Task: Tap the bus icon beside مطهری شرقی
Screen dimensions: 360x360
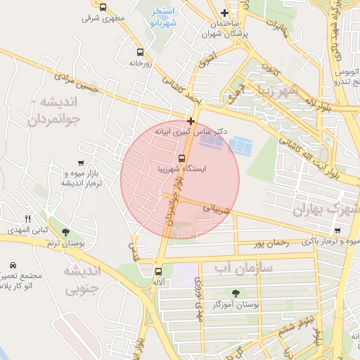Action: point(103,7)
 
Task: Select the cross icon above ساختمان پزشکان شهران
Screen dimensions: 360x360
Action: point(224,13)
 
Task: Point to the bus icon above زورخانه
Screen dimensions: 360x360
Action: point(140,52)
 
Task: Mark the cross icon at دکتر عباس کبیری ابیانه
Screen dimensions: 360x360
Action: point(191,121)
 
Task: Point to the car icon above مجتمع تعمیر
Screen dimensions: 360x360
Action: point(14,265)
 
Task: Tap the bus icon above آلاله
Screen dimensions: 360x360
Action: point(159,270)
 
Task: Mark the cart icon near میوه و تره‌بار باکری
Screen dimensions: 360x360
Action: point(337,230)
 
